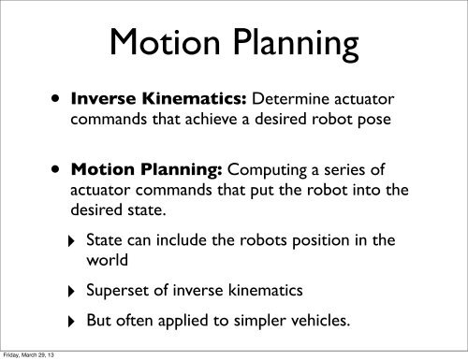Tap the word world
106,263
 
